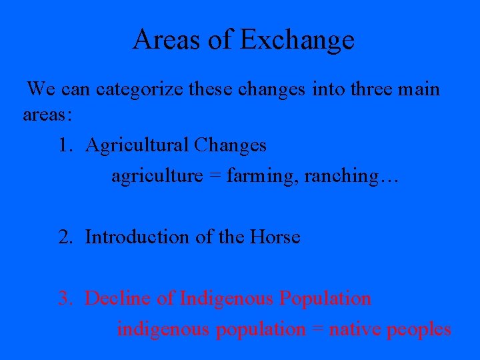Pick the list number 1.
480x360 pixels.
[65, 145]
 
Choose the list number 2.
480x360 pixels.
[65, 237]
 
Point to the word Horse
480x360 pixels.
[275, 237]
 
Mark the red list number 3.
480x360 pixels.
[65, 298]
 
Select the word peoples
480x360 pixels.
[419, 329]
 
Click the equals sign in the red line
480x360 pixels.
[317, 330]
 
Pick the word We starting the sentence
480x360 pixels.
[41, 89]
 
